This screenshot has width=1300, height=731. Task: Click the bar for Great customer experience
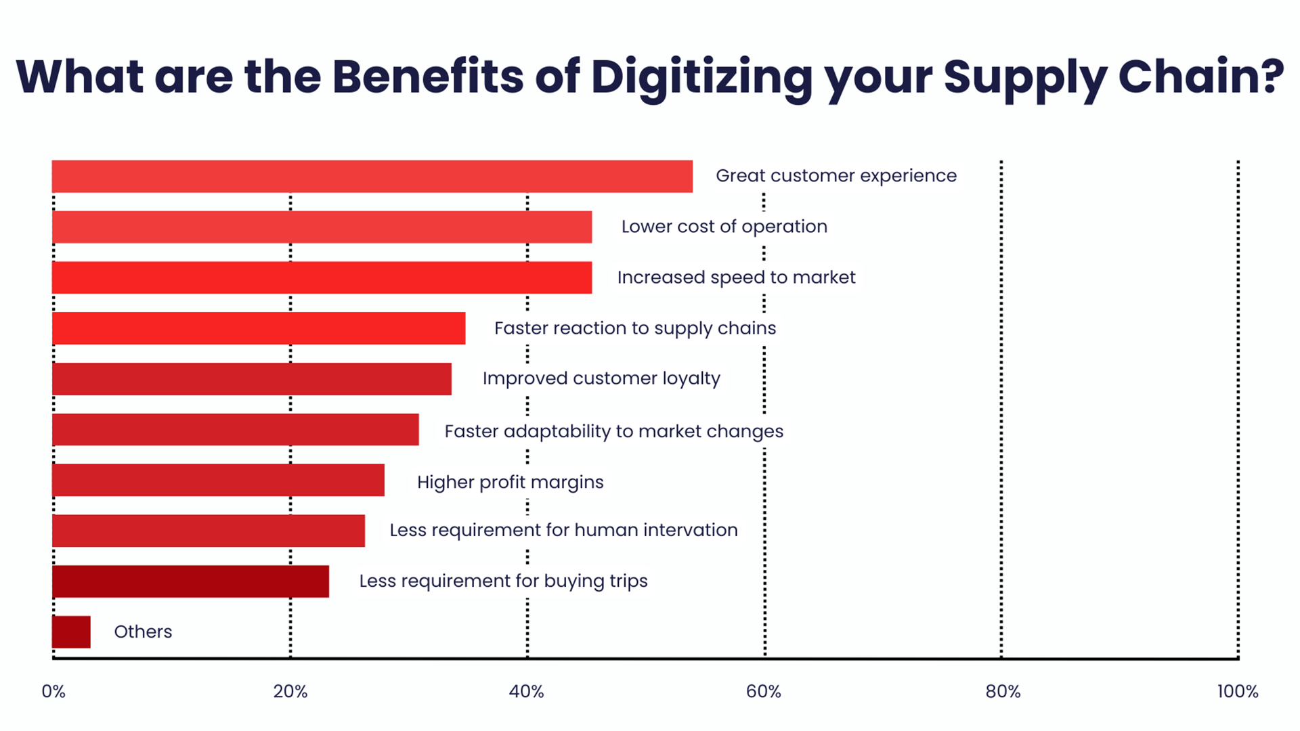pyautogui.click(x=372, y=177)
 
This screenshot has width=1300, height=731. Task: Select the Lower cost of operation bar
pyautogui.click(x=322, y=227)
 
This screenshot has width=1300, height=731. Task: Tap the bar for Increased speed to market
pyautogui.click(x=322, y=278)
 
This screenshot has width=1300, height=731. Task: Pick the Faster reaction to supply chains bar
pyautogui.click(x=259, y=328)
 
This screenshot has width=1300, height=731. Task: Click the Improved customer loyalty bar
pyautogui.click(x=252, y=379)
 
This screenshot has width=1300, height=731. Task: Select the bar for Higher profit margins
pyautogui.click(x=218, y=480)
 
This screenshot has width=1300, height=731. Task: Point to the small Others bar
pyautogui.click(x=71, y=632)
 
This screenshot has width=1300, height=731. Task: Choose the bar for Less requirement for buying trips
pyautogui.click(x=190, y=581)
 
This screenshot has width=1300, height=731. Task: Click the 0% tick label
pyautogui.click(x=53, y=692)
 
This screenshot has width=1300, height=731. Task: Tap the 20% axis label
pyautogui.click(x=290, y=692)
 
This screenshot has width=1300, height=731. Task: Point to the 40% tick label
pyautogui.click(x=527, y=692)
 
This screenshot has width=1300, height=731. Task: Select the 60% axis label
pyautogui.click(x=764, y=692)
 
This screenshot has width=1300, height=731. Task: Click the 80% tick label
pyautogui.click(x=1003, y=692)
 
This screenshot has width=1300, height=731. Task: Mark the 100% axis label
pyautogui.click(x=1238, y=692)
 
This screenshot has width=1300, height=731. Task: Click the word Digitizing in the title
pyautogui.click(x=701, y=79)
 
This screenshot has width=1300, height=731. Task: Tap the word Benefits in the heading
pyautogui.click(x=428, y=76)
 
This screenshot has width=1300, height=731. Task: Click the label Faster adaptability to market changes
pyautogui.click(x=614, y=432)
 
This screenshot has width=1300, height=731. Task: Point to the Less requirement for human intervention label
pyautogui.click(x=563, y=530)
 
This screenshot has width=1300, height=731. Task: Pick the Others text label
pyautogui.click(x=143, y=632)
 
